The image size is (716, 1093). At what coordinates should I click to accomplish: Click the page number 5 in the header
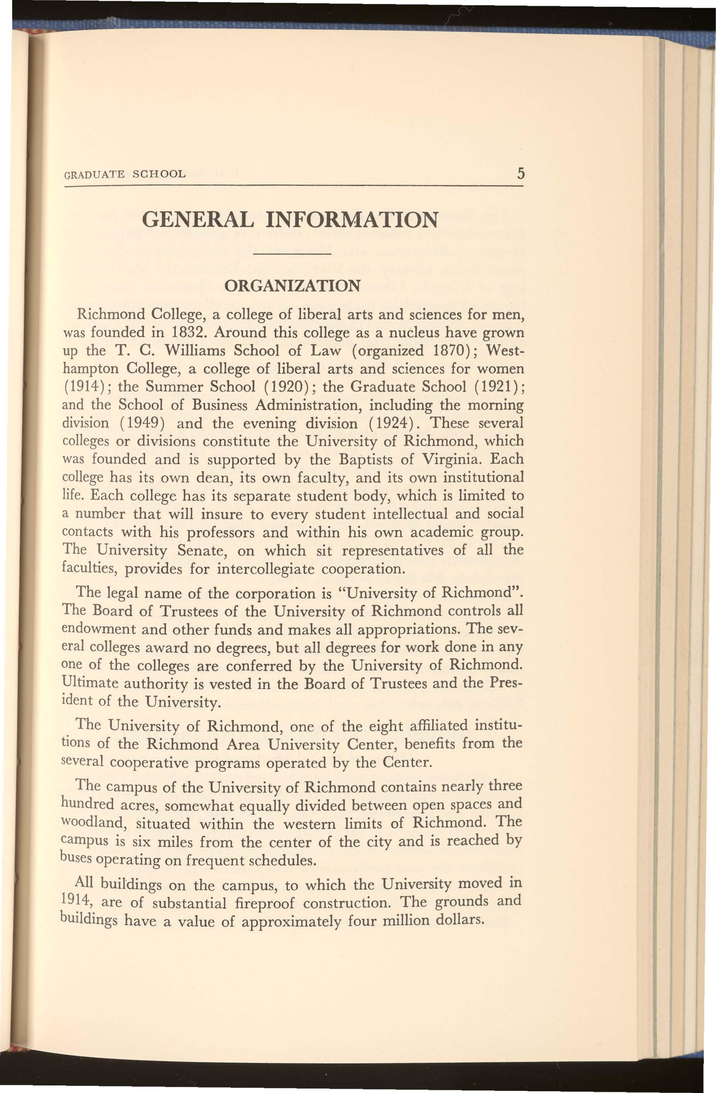point(520,173)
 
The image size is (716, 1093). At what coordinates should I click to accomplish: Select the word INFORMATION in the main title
point(351,220)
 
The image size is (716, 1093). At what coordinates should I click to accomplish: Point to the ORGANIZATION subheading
point(292,286)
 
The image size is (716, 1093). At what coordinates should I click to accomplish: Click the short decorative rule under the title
point(292,254)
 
